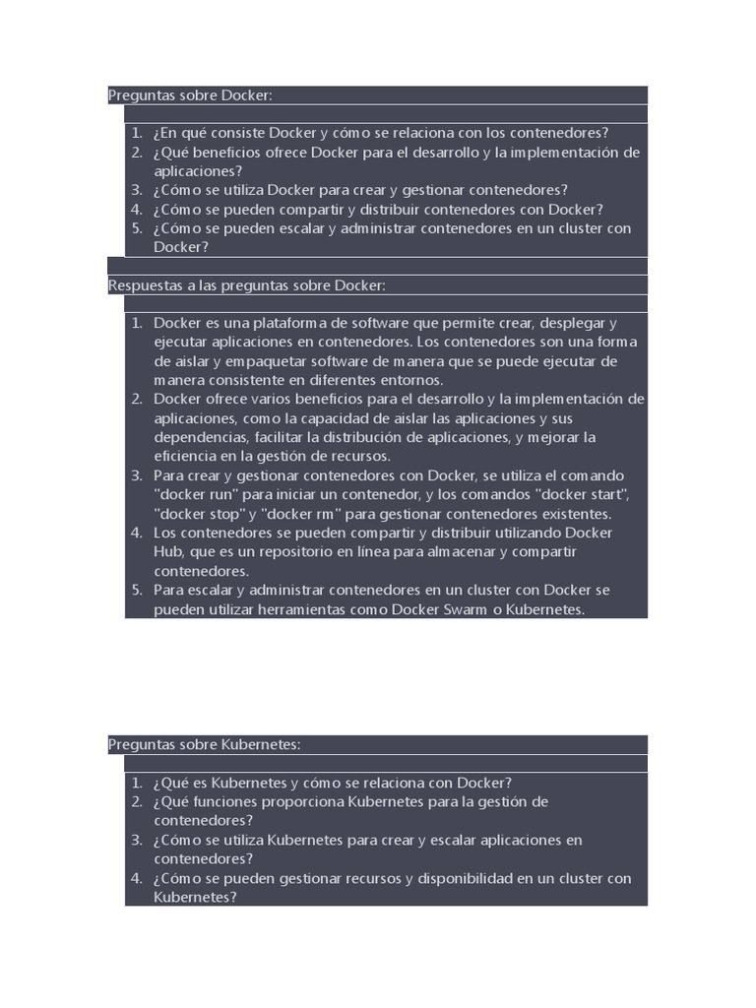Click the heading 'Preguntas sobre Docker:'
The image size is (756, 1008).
pyautogui.click(x=189, y=95)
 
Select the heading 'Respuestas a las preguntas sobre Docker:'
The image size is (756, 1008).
pyautogui.click(x=246, y=285)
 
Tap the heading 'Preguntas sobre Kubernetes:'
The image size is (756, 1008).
pyautogui.click(x=204, y=745)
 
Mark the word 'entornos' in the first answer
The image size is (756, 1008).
pyautogui.click(x=413, y=380)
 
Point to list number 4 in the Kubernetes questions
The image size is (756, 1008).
pyautogui.click(x=137, y=878)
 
